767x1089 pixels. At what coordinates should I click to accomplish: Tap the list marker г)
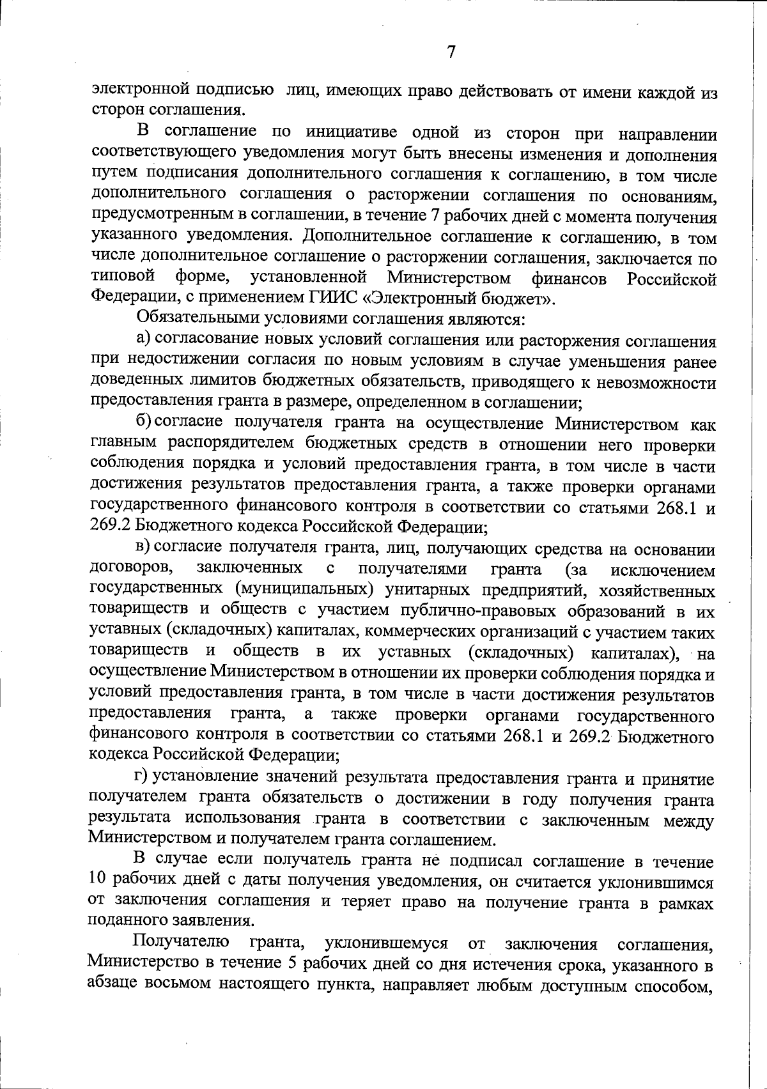141,777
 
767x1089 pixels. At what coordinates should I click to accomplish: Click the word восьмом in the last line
176,983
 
